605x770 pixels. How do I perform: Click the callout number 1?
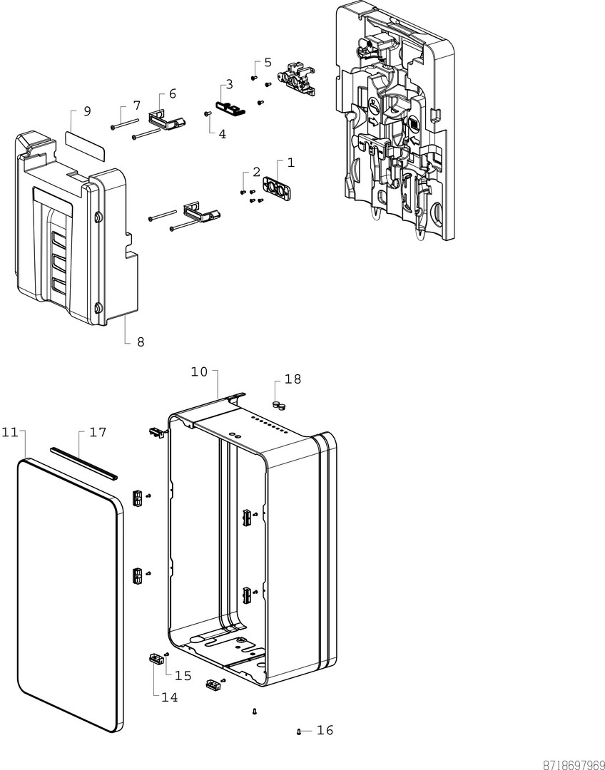290,163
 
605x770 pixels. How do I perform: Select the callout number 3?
228,85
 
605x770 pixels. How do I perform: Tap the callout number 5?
268,62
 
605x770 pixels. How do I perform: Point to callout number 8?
141,342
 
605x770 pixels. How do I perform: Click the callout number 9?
87,111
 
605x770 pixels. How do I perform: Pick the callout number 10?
199,371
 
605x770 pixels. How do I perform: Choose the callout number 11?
9,432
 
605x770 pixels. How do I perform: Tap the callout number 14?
169,697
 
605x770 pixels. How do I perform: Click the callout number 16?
325,730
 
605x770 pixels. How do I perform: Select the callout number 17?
98,432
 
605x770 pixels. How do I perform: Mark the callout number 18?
293,379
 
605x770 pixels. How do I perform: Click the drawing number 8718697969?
574,764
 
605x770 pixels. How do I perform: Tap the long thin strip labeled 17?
83,463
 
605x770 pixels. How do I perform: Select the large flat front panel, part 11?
68,592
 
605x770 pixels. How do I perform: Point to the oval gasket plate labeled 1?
278,187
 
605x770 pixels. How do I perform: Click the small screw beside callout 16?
299,731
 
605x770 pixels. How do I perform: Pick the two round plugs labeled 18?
278,406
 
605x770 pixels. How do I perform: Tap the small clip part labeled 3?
230,107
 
